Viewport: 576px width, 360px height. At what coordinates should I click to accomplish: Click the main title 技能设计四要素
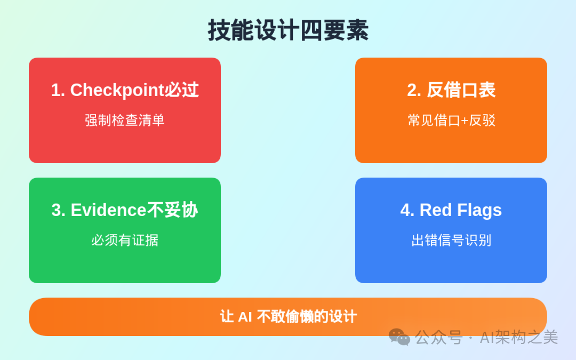point(288,30)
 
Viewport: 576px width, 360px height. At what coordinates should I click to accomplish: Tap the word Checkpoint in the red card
point(117,90)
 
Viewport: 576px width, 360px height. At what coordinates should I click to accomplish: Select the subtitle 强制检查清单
point(125,120)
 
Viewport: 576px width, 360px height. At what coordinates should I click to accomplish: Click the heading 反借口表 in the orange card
point(461,90)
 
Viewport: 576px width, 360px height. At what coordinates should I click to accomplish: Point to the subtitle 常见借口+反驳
point(451,120)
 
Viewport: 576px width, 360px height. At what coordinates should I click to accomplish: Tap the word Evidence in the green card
point(108,210)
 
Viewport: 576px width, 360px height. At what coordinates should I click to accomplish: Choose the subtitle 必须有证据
point(125,240)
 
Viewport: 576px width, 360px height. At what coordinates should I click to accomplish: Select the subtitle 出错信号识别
point(451,240)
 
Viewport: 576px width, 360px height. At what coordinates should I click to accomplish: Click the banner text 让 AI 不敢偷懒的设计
point(288,317)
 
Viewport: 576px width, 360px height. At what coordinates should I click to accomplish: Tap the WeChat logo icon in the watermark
point(399,337)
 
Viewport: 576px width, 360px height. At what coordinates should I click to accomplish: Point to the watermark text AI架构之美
point(518,337)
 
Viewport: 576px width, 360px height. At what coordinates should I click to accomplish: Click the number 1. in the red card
point(58,90)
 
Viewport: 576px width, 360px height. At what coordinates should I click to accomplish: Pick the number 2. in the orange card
point(414,90)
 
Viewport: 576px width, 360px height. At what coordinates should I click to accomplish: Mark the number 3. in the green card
point(58,210)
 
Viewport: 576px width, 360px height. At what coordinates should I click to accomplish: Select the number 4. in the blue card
point(407,210)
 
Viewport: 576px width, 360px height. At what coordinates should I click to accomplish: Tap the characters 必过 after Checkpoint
point(181,90)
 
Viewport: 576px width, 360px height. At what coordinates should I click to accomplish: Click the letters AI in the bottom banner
point(245,317)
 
